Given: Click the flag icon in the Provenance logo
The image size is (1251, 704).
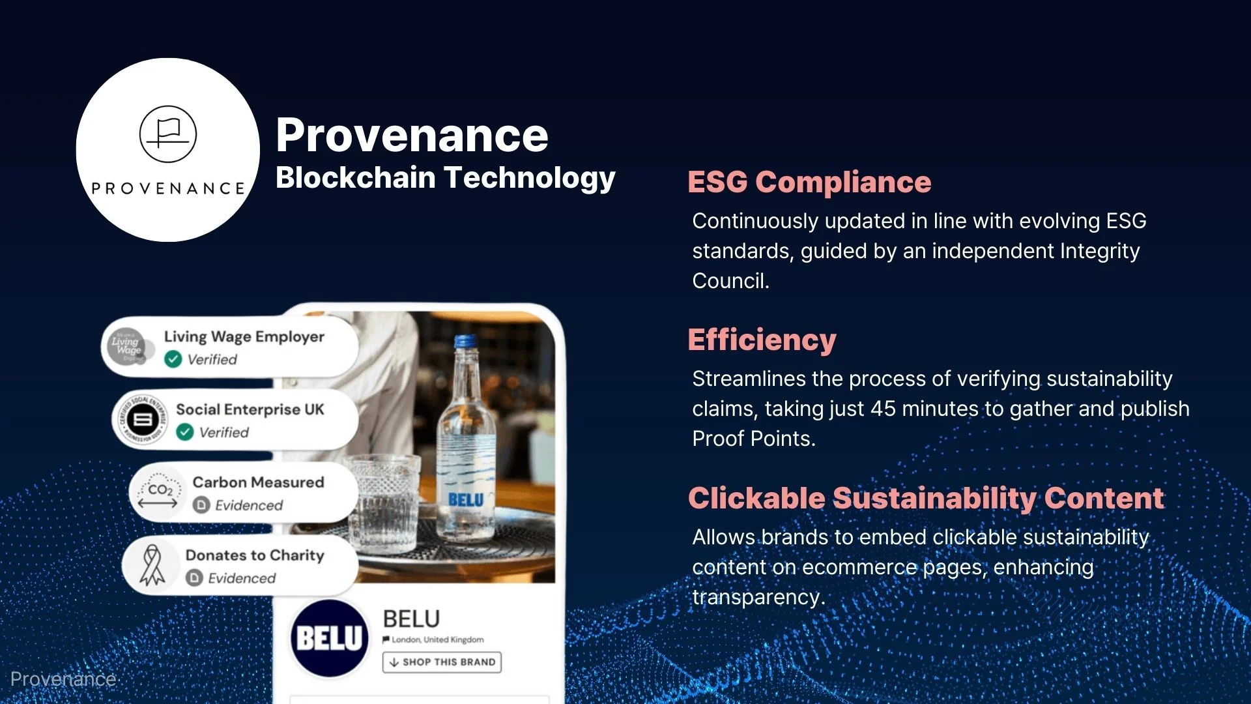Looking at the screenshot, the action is click(x=168, y=134).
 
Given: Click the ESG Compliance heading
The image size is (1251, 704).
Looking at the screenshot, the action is click(x=809, y=182).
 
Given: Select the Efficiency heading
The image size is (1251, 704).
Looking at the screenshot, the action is click(x=762, y=340).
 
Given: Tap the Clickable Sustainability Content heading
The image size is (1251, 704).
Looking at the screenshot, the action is click(x=926, y=499).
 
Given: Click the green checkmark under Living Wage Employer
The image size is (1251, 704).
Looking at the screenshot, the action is click(x=173, y=359).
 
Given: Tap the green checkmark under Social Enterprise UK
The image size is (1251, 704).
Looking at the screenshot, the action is click(x=185, y=432).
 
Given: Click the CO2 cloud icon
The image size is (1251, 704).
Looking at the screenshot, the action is click(x=158, y=492).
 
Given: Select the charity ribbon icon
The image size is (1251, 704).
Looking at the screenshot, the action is click(x=152, y=565).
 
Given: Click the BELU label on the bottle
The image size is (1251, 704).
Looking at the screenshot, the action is click(x=466, y=500).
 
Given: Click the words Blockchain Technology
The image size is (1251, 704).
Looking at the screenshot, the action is click(x=445, y=178).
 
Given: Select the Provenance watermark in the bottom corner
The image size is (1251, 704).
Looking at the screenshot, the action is click(x=63, y=679).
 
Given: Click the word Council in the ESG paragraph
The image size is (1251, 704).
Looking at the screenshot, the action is click(x=730, y=281).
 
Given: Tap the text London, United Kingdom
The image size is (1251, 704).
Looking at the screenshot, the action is click(x=438, y=639).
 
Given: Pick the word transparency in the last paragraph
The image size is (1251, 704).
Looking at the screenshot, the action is click(x=758, y=598).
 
